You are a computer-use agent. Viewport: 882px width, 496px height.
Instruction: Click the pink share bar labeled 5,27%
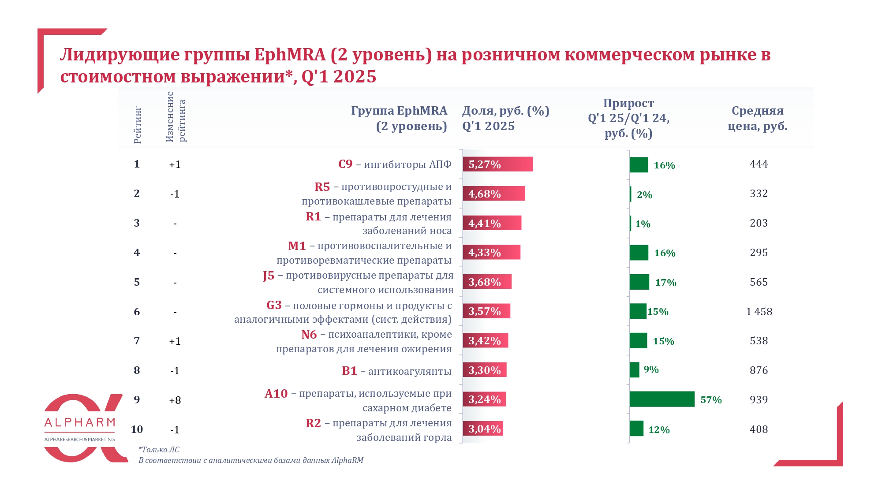(497, 164)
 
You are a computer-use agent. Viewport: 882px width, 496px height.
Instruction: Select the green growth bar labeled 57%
(661, 399)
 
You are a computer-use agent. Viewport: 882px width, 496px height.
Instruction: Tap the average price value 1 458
(759, 312)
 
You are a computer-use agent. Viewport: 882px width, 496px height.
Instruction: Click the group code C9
(345, 164)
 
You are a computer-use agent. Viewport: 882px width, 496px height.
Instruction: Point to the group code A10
(276, 393)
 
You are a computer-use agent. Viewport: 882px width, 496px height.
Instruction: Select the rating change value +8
(175, 400)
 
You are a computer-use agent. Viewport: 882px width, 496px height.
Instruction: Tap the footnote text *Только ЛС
(159, 450)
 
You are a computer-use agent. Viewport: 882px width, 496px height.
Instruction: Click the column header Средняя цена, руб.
(757, 118)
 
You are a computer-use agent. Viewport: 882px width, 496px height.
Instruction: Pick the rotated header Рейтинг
(138, 125)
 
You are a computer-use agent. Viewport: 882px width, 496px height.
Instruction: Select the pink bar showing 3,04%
(483, 429)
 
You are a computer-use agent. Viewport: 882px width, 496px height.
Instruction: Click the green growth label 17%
(665, 283)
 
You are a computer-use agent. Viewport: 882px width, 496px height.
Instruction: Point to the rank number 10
(137, 429)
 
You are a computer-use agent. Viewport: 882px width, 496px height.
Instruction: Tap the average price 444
(759, 164)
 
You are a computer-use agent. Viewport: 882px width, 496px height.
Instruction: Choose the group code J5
(269, 276)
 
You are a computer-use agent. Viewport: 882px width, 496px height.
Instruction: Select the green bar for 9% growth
(634, 370)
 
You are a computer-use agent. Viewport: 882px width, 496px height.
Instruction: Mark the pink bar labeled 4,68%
(493, 194)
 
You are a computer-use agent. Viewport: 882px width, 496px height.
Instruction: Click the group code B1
(349, 371)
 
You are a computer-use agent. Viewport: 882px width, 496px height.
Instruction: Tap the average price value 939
(759, 400)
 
